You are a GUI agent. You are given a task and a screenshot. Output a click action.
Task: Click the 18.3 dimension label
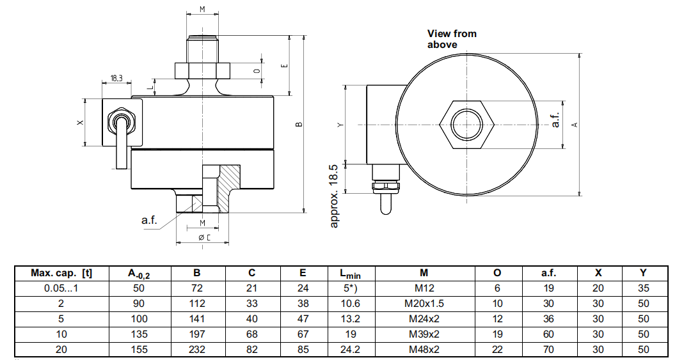(116, 78)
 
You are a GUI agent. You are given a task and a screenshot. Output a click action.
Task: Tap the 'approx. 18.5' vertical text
(334, 195)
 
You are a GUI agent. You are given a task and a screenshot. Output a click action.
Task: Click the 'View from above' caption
(452, 39)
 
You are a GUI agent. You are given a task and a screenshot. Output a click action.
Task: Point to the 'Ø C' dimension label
(205, 237)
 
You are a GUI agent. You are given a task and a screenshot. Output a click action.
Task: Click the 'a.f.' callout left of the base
(149, 220)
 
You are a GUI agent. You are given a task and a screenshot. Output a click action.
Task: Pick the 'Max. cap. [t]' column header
(61, 273)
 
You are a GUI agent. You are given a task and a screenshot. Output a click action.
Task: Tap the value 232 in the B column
(196, 349)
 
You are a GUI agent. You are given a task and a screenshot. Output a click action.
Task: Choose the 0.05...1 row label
(61, 288)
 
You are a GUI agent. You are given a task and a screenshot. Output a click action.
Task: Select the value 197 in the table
(196, 334)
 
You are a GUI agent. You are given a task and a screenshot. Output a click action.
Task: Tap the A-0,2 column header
(138, 274)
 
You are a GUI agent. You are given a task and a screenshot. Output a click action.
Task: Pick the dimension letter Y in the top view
(340, 125)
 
